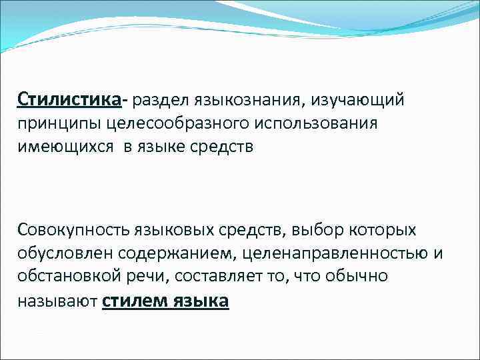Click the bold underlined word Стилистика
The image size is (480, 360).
point(69,100)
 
